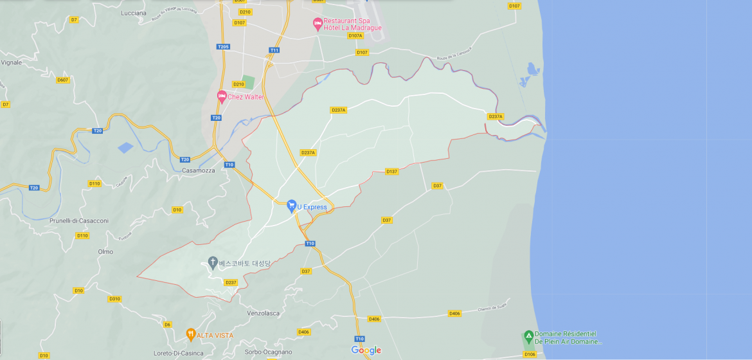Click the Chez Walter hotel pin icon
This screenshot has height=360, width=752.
(x=222, y=97)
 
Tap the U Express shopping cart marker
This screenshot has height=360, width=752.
(x=291, y=206)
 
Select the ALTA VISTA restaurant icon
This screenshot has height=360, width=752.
(x=190, y=334)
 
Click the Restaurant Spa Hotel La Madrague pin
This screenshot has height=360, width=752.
(x=317, y=24)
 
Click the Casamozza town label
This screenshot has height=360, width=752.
(x=197, y=170)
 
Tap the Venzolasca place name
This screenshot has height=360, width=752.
(x=264, y=313)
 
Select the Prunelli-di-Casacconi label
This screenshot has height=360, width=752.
(x=79, y=221)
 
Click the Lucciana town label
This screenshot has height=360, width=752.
(x=134, y=13)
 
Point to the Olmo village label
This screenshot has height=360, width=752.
(x=105, y=251)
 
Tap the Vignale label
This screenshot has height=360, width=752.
(x=11, y=62)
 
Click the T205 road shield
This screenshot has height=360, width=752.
(x=223, y=47)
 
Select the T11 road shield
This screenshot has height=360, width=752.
(x=274, y=50)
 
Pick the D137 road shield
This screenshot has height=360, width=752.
(x=391, y=172)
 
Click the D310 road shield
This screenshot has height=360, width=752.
(x=114, y=299)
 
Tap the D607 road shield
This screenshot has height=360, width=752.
(x=62, y=80)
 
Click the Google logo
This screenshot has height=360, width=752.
(x=366, y=350)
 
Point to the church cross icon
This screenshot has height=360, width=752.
(x=213, y=262)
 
